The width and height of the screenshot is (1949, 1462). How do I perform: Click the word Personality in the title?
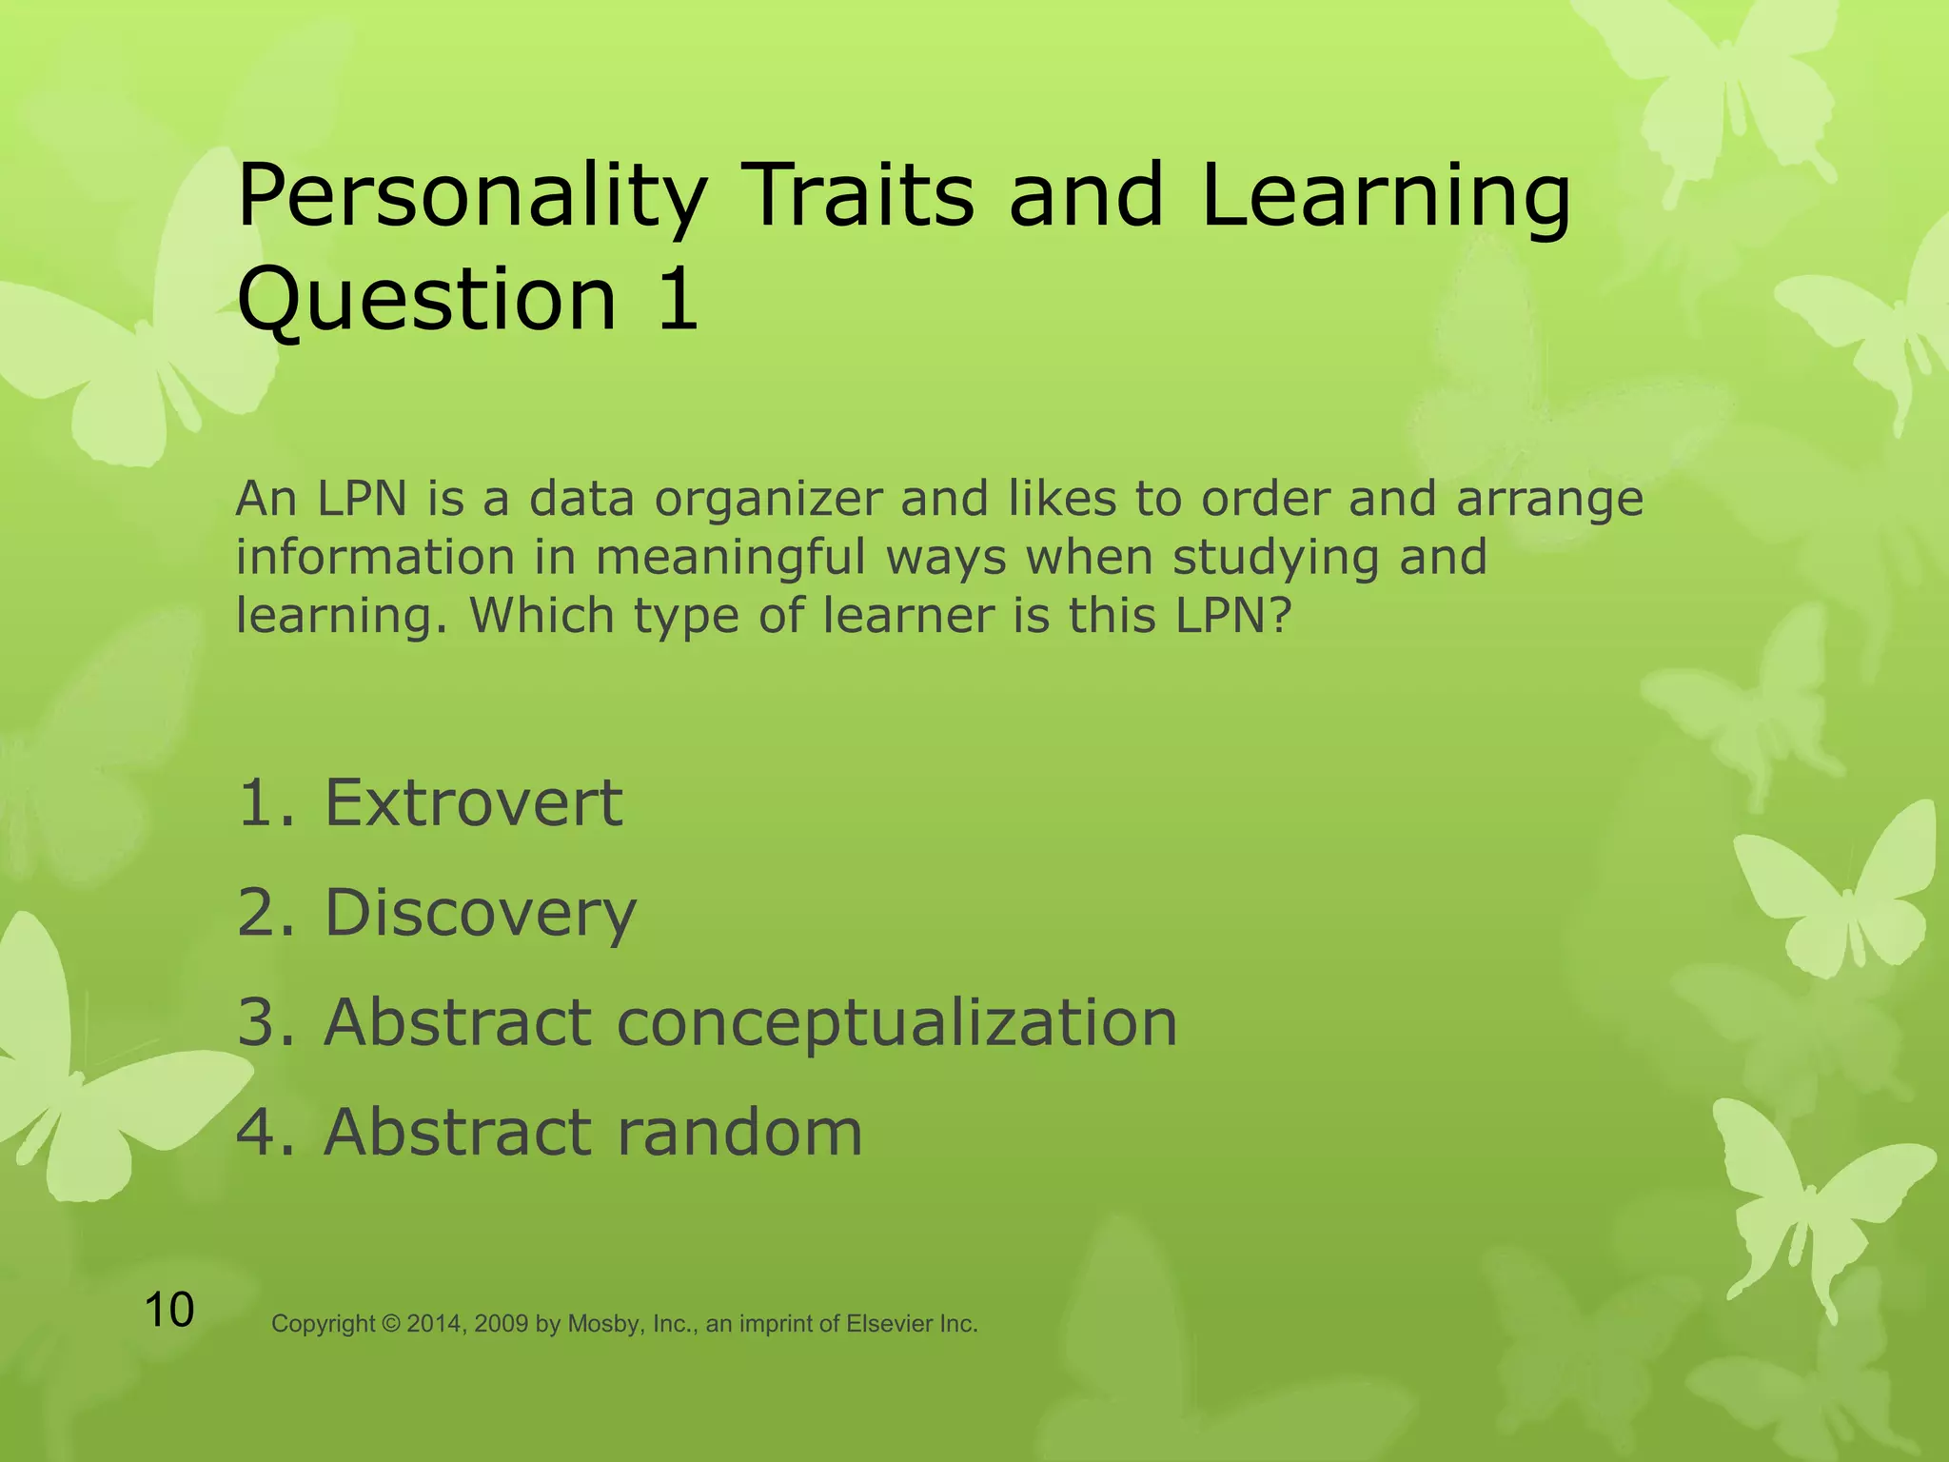[471, 197]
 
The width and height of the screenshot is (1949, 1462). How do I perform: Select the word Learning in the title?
[1385, 197]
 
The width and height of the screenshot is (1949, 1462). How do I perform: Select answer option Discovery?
[481, 913]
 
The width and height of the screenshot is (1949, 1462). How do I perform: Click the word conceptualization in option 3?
[896, 1022]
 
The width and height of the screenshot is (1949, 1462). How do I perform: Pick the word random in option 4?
[738, 1132]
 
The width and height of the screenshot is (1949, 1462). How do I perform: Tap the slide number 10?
[169, 1310]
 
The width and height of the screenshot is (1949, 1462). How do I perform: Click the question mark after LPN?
[1282, 616]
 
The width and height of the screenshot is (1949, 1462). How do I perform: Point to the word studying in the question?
[1276, 559]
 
